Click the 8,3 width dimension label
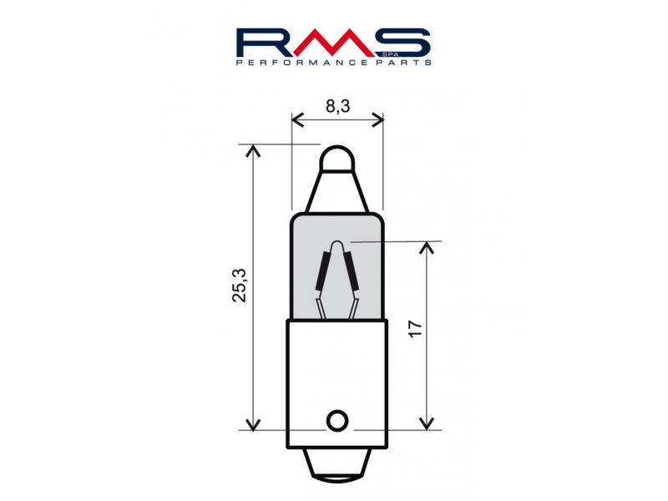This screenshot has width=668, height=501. [338, 106]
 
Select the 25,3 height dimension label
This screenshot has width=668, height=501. [240, 286]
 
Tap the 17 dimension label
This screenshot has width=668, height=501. [415, 328]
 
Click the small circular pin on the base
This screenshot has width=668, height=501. [337, 421]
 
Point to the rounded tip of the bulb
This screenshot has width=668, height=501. [337, 158]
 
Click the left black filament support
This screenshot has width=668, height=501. [323, 271]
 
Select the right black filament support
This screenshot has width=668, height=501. [351, 271]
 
